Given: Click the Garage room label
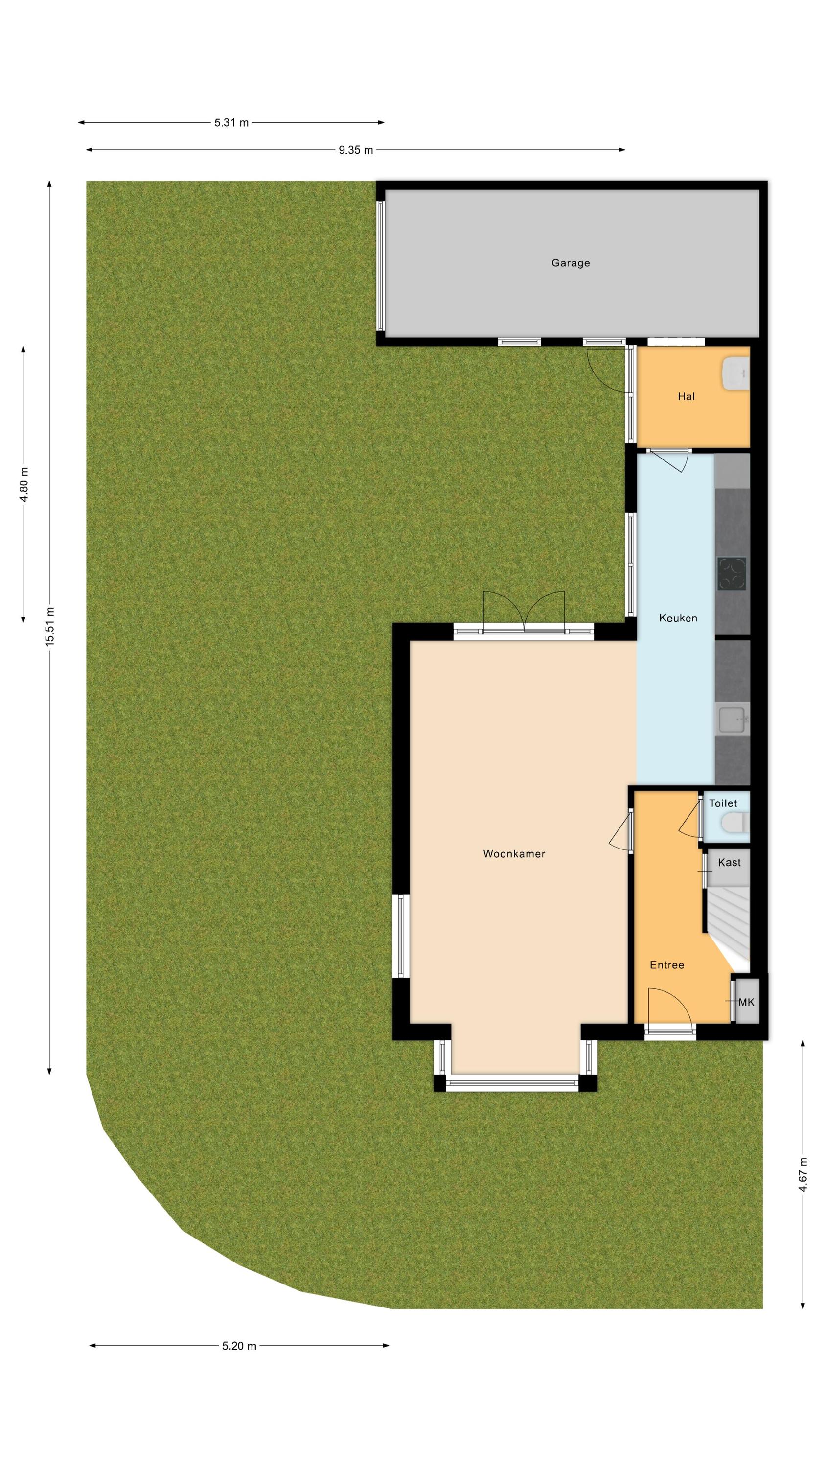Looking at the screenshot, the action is pos(570,263).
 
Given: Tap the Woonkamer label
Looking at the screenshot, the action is pos(514,854).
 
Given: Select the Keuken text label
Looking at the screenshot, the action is pos(678,618).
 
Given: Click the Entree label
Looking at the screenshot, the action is pos(666,965).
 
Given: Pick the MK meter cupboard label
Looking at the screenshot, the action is pos(746,1002).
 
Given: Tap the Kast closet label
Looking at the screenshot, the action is pos(729,862).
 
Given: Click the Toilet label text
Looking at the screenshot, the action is pos(723,803).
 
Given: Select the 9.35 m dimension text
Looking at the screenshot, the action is pos(356,150).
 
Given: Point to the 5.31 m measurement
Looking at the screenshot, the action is pos(231,122).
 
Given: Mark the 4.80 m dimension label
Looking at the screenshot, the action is pos(24,484).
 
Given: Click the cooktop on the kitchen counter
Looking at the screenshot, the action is pos(732,573).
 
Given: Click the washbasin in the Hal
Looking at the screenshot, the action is pos(736,374).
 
